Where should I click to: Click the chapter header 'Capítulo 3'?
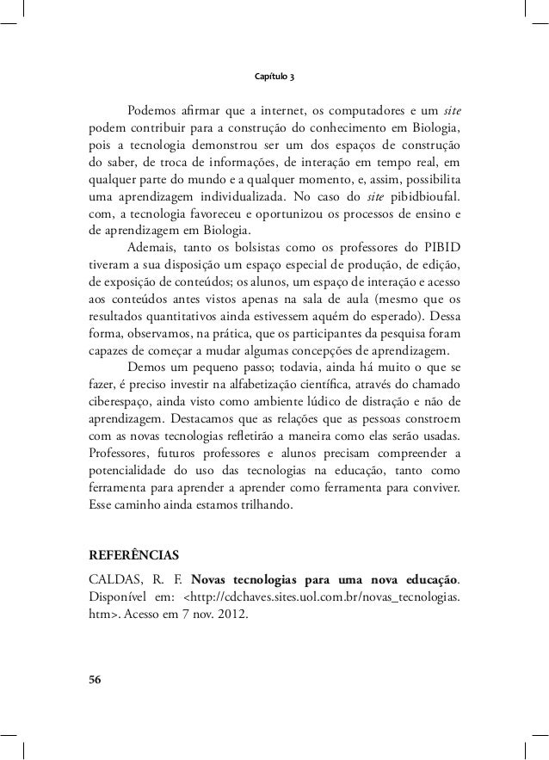274,77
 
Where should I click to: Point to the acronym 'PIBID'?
441,250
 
